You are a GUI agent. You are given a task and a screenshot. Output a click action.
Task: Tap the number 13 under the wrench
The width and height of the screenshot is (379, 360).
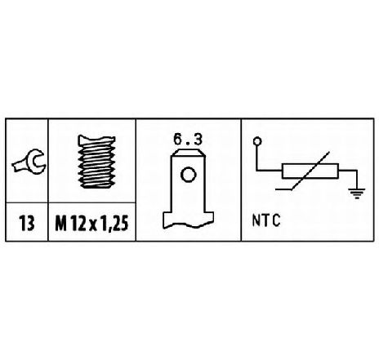click(x=27, y=224)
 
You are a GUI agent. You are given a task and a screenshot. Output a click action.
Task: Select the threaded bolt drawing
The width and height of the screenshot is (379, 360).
click(x=96, y=161)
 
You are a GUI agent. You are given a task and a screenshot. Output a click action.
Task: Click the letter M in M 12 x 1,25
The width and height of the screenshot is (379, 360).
click(x=60, y=224)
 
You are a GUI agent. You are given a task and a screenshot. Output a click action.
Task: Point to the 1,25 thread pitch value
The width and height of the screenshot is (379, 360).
click(x=114, y=224)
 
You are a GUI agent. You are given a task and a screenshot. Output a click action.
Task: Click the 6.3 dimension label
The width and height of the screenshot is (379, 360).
click(x=189, y=140)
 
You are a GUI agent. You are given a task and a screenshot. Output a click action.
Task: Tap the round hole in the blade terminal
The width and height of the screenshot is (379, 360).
click(x=188, y=175)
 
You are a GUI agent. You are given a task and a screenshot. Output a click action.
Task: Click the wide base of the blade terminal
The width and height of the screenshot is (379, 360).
click(x=188, y=220)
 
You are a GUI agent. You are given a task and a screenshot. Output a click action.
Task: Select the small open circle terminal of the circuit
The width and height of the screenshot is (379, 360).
click(x=257, y=141)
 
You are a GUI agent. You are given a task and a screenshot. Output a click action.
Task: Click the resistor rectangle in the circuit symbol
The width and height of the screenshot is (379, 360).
click(x=310, y=171)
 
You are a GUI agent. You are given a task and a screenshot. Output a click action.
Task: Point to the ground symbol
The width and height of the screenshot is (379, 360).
click(x=357, y=193)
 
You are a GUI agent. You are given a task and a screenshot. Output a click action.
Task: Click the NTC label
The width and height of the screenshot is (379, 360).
click(x=266, y=220)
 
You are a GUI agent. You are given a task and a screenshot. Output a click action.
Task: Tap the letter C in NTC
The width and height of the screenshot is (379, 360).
click(x=276, y=220)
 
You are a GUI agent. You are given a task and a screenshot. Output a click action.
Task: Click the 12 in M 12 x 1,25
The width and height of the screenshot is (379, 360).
click(x=78, y=224)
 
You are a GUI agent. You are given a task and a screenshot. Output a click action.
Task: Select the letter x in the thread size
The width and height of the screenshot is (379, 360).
click(x=93, y=225)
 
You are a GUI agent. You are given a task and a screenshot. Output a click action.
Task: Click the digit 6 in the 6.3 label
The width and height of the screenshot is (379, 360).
click(x=179, y=140)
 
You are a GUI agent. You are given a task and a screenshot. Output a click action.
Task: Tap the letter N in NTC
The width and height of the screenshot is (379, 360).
click(x=256, y=220)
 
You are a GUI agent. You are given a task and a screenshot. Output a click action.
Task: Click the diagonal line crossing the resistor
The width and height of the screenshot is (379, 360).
click(x=303, y=171)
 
